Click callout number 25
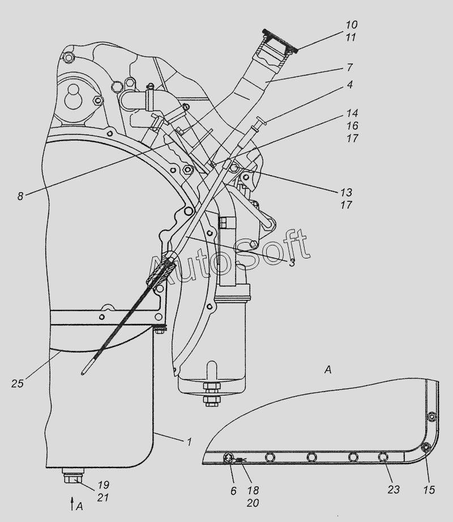pos(18,384)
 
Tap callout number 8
pos(20,196)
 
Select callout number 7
pos(349,67)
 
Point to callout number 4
pos(349,84)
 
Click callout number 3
pos(292,262)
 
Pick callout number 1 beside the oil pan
pos(189,442)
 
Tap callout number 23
pos(393,489)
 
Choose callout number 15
pos(429,490)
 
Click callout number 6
pos(233,490)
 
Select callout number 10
pos(351,24)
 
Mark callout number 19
pos(103,485)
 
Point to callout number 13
pos(346,193)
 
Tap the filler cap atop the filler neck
pos(280,41)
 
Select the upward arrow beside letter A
pos(72,502)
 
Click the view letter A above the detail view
pos(328,370)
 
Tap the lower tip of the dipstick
pos(82,373)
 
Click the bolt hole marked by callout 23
pos(383,457)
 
